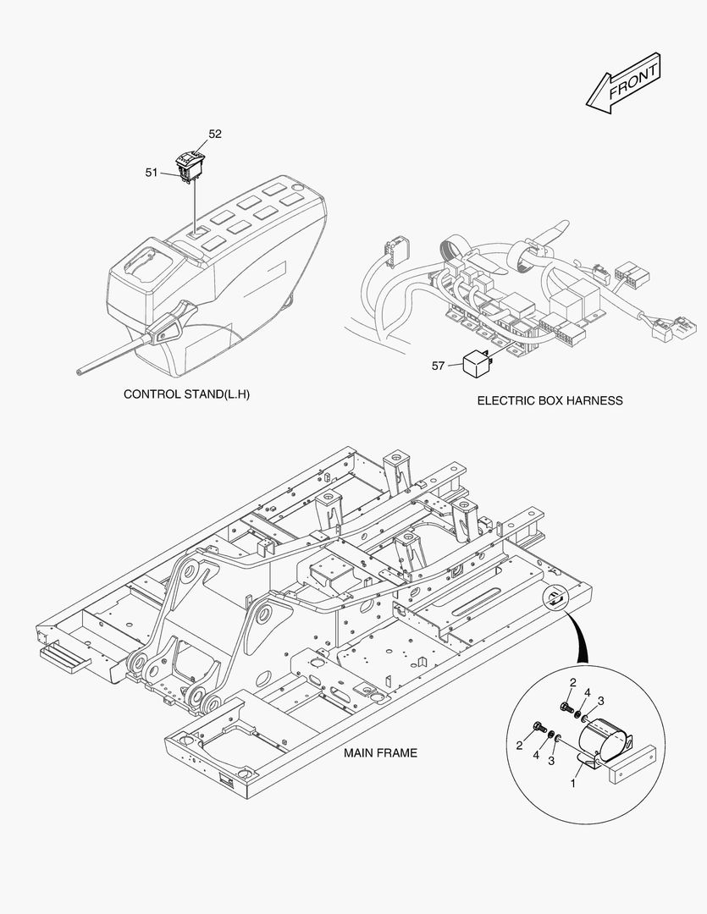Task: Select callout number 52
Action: tap(215, 134)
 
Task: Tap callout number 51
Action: tap(152, 173)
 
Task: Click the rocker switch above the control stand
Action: tap(192, 163)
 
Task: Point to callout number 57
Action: tap(438, 366)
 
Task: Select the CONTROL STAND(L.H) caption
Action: tap(187, 394)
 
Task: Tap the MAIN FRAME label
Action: tap(380, 752)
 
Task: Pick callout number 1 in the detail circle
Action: tap(573, 785)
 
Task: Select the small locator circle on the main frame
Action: tap(555, 598)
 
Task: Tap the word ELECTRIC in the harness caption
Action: tap(505, 400)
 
